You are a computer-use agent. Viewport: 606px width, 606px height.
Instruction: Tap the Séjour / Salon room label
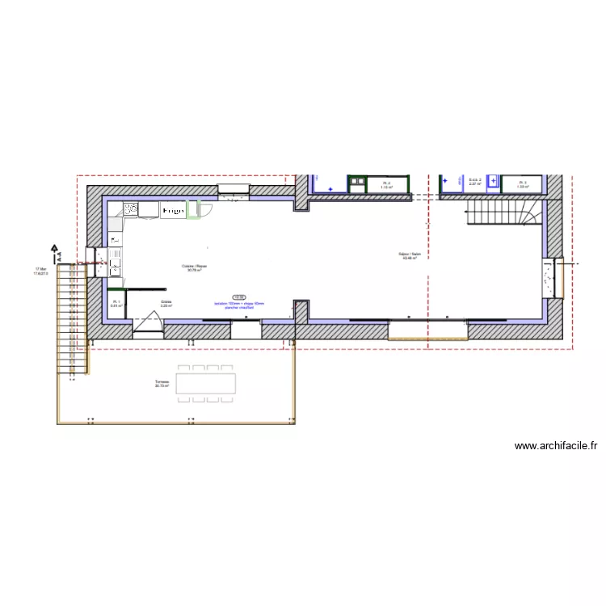[x=410, y=256]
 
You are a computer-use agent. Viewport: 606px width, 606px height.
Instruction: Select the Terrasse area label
[x=162, y=384]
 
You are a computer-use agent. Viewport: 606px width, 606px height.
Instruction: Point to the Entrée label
[x=166, y=305]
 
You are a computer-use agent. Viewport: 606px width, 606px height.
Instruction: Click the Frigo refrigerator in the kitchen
[x=172, y=210]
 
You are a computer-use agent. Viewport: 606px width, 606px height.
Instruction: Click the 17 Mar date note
[x=40, y=271]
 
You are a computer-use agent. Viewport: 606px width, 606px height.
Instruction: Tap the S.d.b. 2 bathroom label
[x=475, y=182]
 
